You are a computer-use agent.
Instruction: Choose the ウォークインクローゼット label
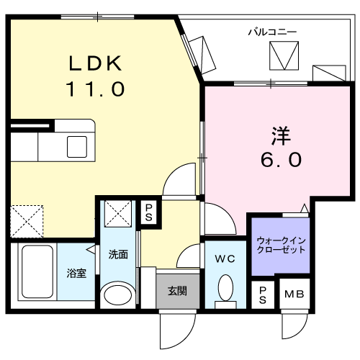pos(281,244)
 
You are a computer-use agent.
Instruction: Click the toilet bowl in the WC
pos(224,292)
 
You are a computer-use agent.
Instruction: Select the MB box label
pos(292,294)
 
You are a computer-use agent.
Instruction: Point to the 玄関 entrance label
pos(177,291)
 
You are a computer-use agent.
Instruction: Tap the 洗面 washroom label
pos(118,254)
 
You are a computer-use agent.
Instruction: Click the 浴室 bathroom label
pos(76,274)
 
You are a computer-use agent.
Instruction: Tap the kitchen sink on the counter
pos(76,145)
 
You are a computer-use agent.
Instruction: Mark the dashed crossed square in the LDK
pos(27,220)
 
